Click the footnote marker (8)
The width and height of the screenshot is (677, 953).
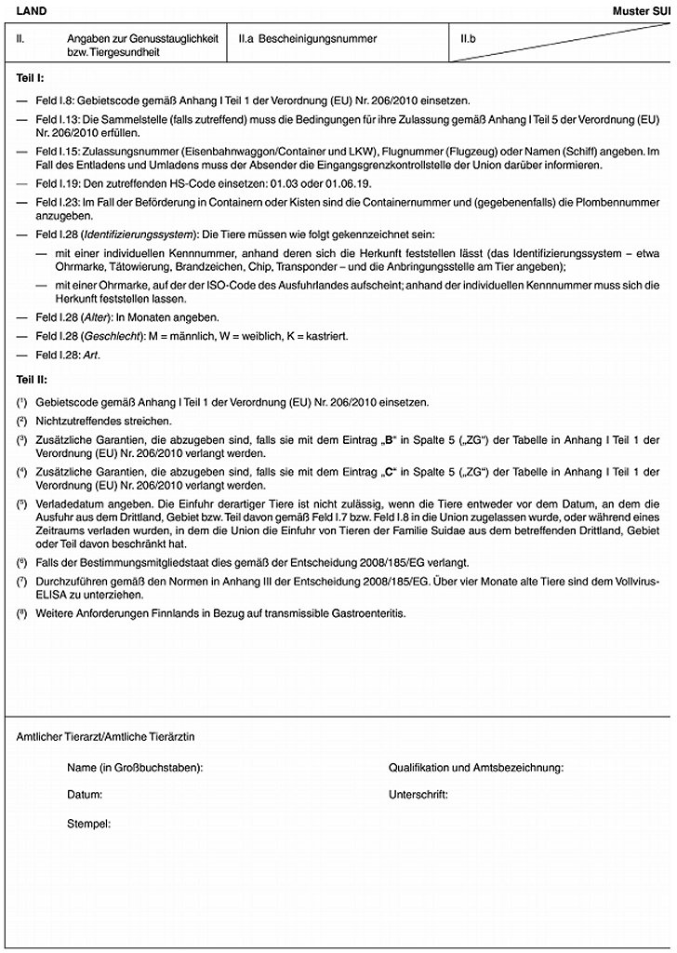pos(22,614)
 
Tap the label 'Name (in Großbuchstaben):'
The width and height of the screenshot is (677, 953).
pos(136,768)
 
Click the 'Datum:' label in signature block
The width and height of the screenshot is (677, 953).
pos(85,796)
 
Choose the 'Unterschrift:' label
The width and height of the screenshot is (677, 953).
pos(418,796)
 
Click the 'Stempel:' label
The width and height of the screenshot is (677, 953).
pos(88,824)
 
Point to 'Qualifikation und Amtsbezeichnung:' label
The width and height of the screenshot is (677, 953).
pos(476,768)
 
